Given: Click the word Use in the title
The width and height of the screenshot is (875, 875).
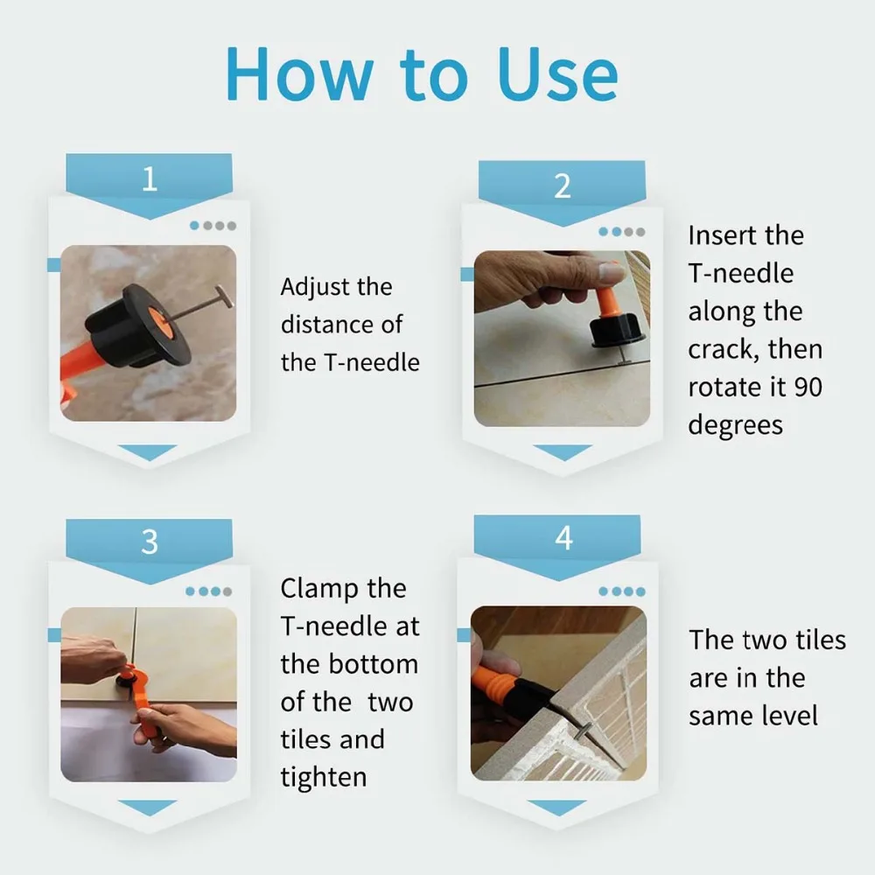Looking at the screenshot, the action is pos(557,74).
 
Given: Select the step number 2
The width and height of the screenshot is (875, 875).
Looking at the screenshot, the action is pos(563,185).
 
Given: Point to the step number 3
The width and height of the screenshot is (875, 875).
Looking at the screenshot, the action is pos(149,542).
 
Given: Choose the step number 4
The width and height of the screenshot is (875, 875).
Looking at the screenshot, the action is pos(563,538).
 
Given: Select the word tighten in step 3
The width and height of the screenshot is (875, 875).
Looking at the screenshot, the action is pos(324,778).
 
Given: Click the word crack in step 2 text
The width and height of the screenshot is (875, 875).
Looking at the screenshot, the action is pos(719,350).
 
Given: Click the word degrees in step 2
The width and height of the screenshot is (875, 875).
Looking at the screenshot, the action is pos(736,426).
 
